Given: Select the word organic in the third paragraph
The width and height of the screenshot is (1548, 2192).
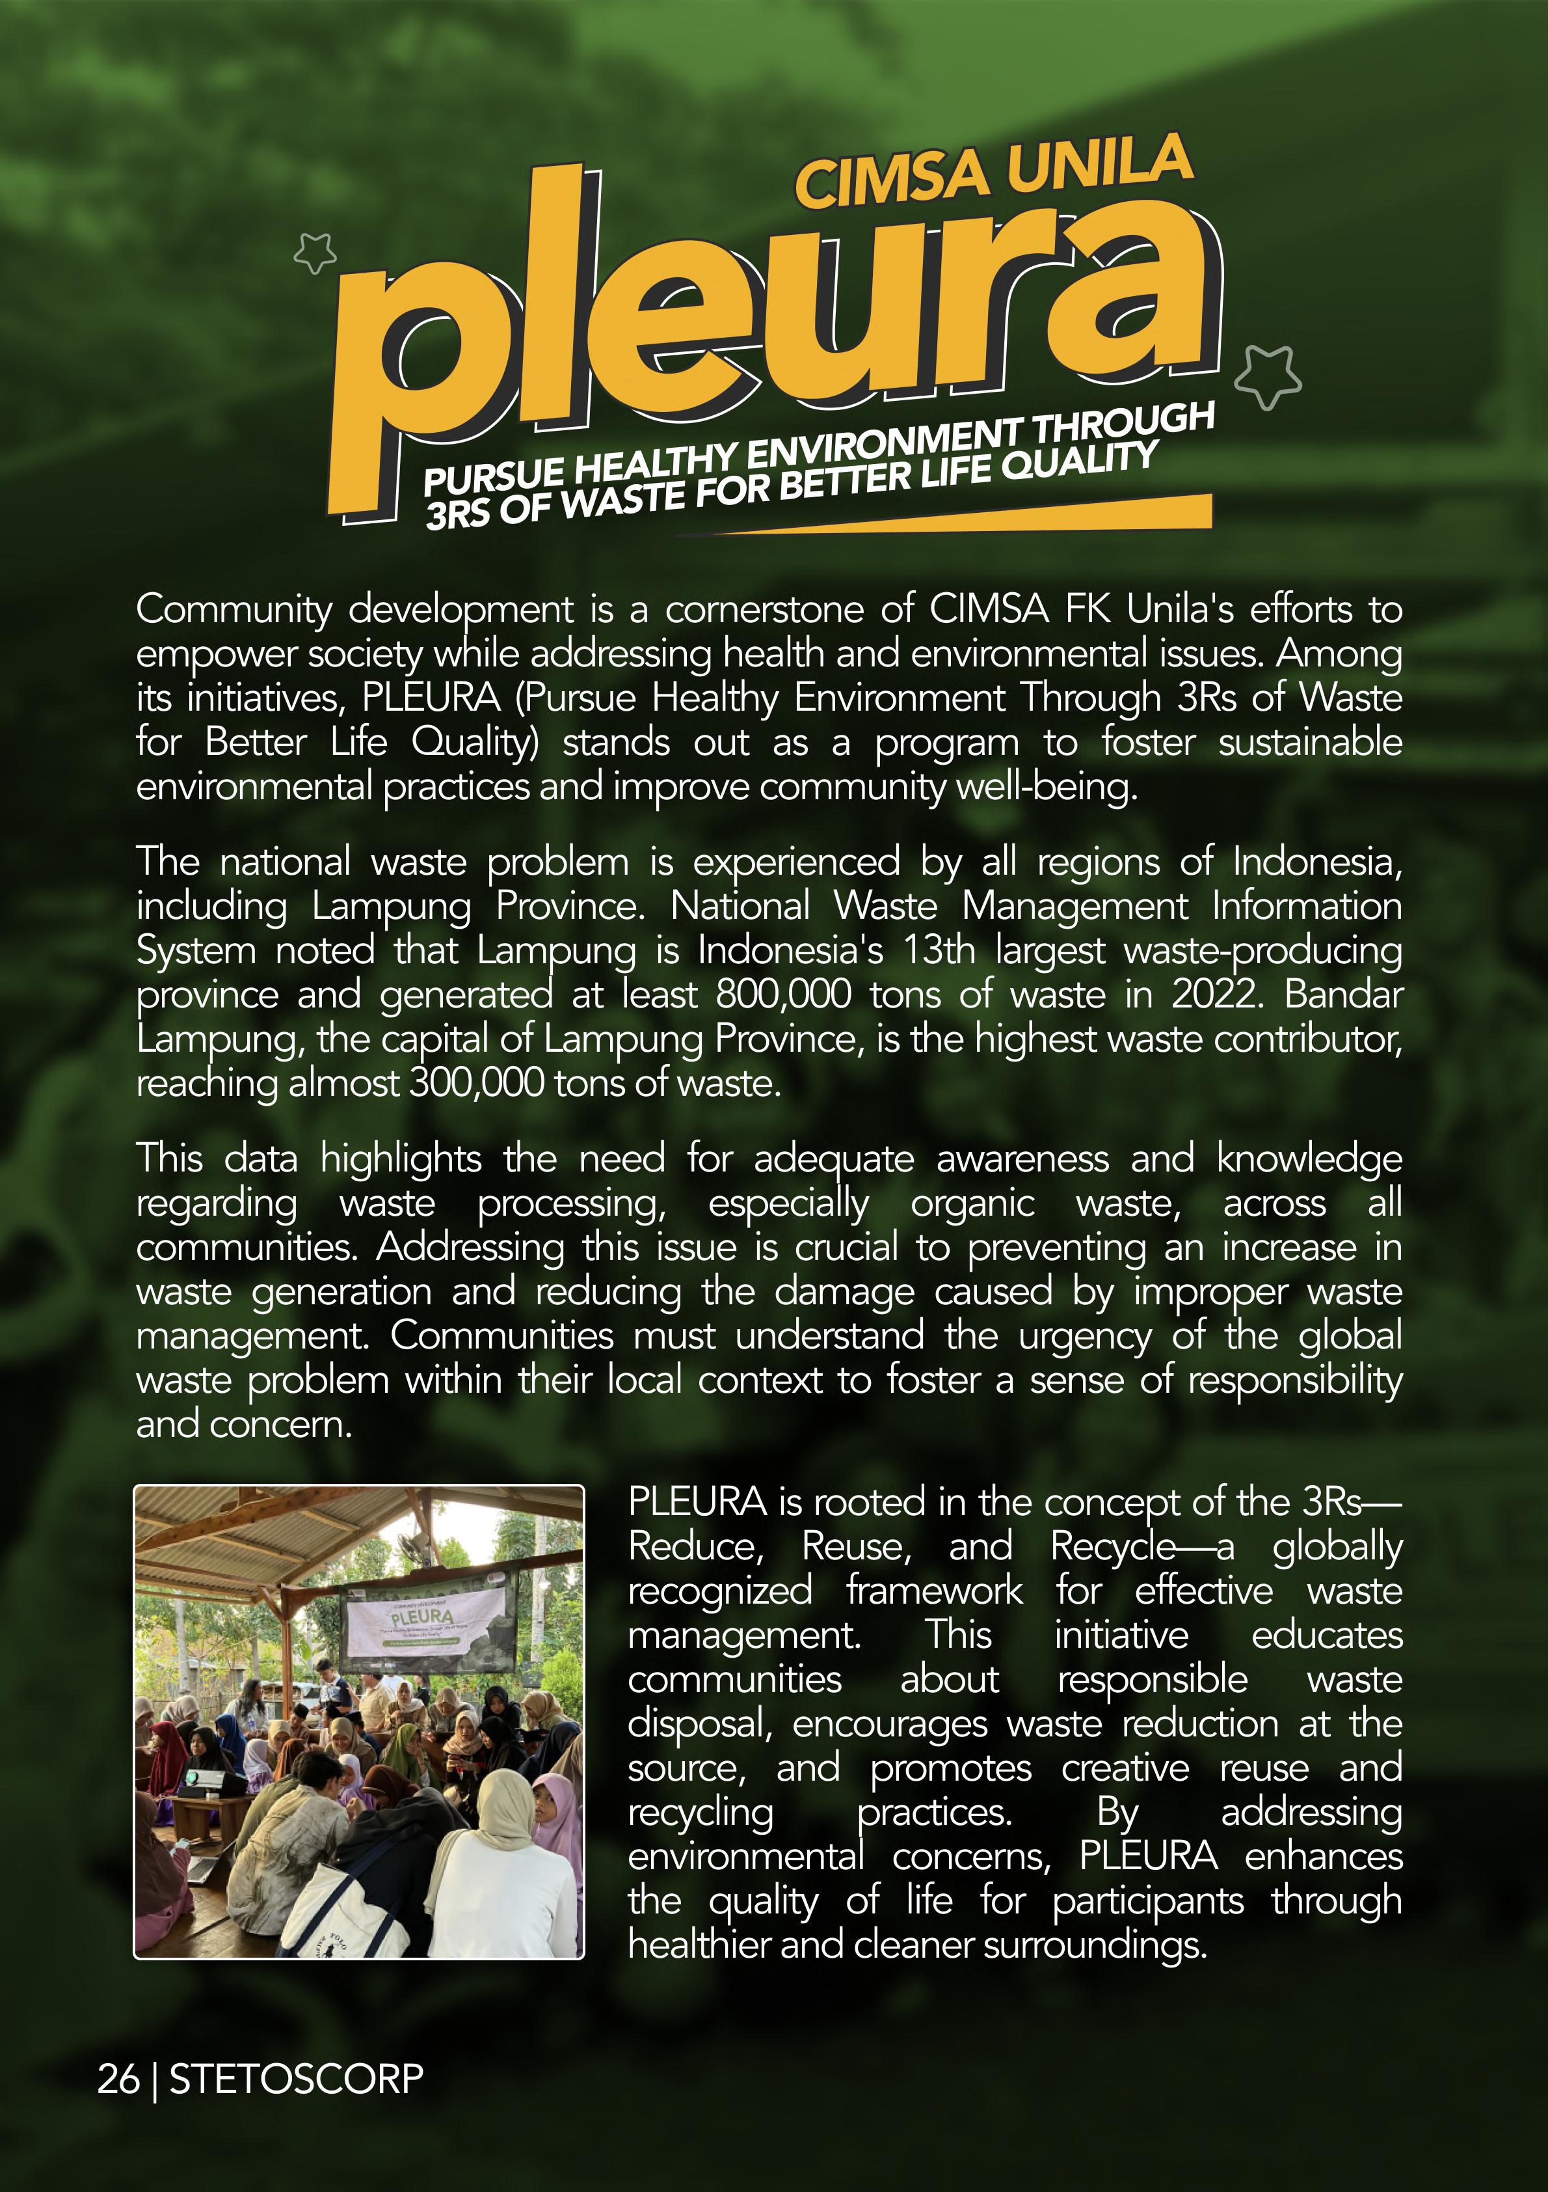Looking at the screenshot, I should tap(972, 1203).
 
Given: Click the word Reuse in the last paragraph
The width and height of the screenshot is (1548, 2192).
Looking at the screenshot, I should tap(855, 1546).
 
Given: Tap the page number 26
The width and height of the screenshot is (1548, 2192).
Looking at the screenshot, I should tap(118, 2078).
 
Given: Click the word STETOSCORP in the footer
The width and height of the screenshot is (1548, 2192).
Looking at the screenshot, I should tap(296, 2078).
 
